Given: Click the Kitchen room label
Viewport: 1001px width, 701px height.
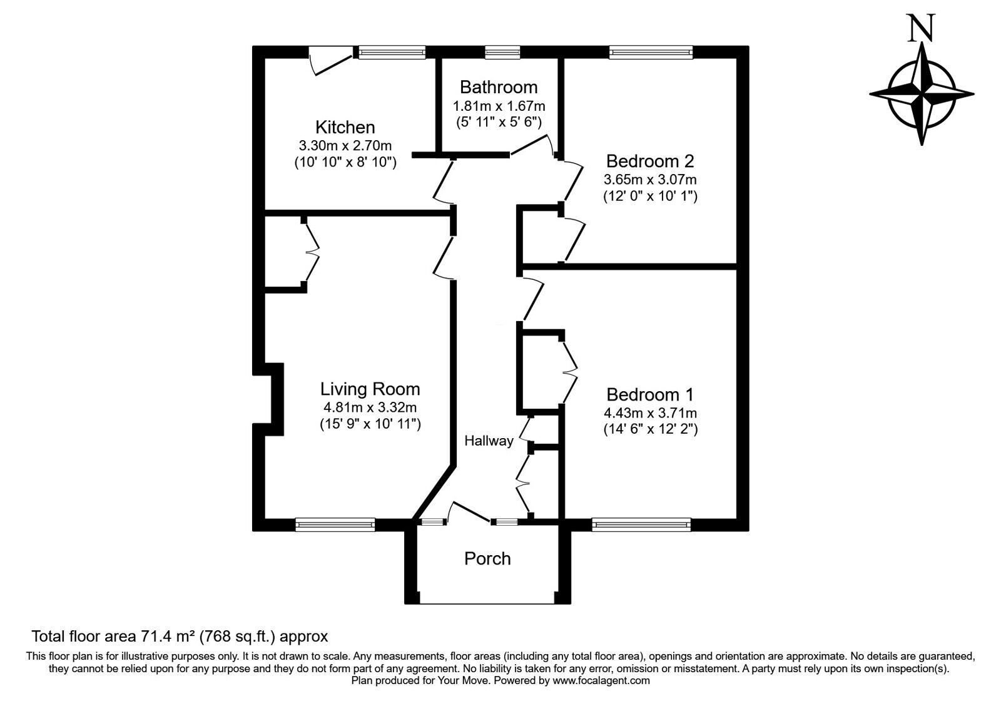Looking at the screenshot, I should pyautogui.click(x=345, y=128).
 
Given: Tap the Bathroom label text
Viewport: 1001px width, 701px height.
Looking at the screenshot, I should pyautogui.click(x=498, y=87).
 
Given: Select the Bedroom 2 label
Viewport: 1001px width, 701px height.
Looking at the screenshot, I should pyautogui.click(x=650, y=161).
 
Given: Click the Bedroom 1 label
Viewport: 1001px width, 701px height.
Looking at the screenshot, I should pyautogui.click(x=650, y=395).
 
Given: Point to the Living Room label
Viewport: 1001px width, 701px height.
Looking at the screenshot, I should pyautogui.click(x=370, y=389).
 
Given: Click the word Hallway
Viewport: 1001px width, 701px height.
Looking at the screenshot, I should pyautogui.click(x=489, y=441).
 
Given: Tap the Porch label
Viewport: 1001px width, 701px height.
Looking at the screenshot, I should pyautogui.click(x=487, y=558).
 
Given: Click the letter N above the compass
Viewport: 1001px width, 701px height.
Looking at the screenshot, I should pyautogui.click(x=921, y=29).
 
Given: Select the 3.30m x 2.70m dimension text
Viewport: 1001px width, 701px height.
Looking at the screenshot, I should pyautogui.click(x=345, y=146).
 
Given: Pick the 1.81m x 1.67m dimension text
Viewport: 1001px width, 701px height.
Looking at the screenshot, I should pyautogui.click(x=499, y=106).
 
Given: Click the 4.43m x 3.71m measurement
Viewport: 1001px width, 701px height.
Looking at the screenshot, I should pyautogui.click(x=650, y=413).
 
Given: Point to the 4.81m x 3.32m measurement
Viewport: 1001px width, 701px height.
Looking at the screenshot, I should pyautogui.click(x=370, y=407).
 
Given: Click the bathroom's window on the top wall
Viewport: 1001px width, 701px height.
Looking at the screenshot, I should pyautogui.click(x=502, y=53).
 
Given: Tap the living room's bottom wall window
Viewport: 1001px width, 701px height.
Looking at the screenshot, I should pyautogui.click(x=335, y=524).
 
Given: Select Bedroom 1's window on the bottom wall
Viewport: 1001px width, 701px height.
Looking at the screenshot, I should pyautogui.click(x=641, y=524).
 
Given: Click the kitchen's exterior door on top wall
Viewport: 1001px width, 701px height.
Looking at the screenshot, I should pyautogui.click(x=332, y=62).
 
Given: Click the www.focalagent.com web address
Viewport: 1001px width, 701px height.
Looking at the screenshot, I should pyautogui.click(x=601, y=680).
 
